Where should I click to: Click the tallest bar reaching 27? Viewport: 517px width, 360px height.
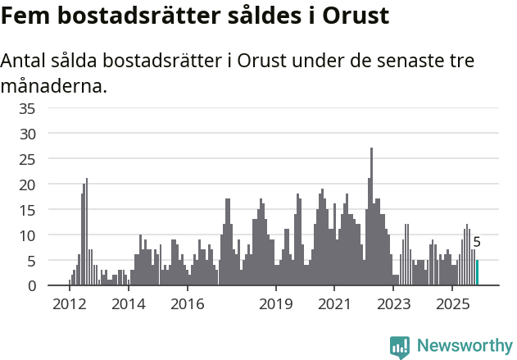[x=371, y=217]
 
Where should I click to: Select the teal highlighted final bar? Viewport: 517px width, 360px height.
[x=478, y=273]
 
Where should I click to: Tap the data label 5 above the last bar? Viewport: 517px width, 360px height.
[x=477, y=243]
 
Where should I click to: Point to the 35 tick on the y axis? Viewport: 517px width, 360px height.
[x=50, y=108]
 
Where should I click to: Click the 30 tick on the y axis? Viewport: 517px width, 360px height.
[x=50, y=134]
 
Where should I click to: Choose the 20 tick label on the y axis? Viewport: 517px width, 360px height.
[x=50, y=185]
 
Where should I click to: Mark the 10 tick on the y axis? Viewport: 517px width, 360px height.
[x=50, y=235]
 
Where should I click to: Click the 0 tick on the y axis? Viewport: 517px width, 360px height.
[x=54, y=286]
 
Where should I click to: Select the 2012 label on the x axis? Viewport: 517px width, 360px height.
[x=70, y=304]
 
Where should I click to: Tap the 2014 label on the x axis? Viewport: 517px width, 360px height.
[x=129, y=304]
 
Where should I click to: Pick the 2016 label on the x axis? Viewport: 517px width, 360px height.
[x=188, y=304]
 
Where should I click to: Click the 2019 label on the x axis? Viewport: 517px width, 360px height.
[x=276, y=304]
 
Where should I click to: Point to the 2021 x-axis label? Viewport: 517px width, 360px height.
[x=334, y=304]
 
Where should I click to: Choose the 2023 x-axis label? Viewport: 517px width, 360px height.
[x=393, y=304]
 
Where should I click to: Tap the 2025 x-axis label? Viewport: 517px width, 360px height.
[x=452, y=304]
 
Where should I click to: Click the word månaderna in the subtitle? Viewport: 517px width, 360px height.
[x=54, y=85]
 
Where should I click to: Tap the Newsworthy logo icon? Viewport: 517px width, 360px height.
[x=400, y=347]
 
